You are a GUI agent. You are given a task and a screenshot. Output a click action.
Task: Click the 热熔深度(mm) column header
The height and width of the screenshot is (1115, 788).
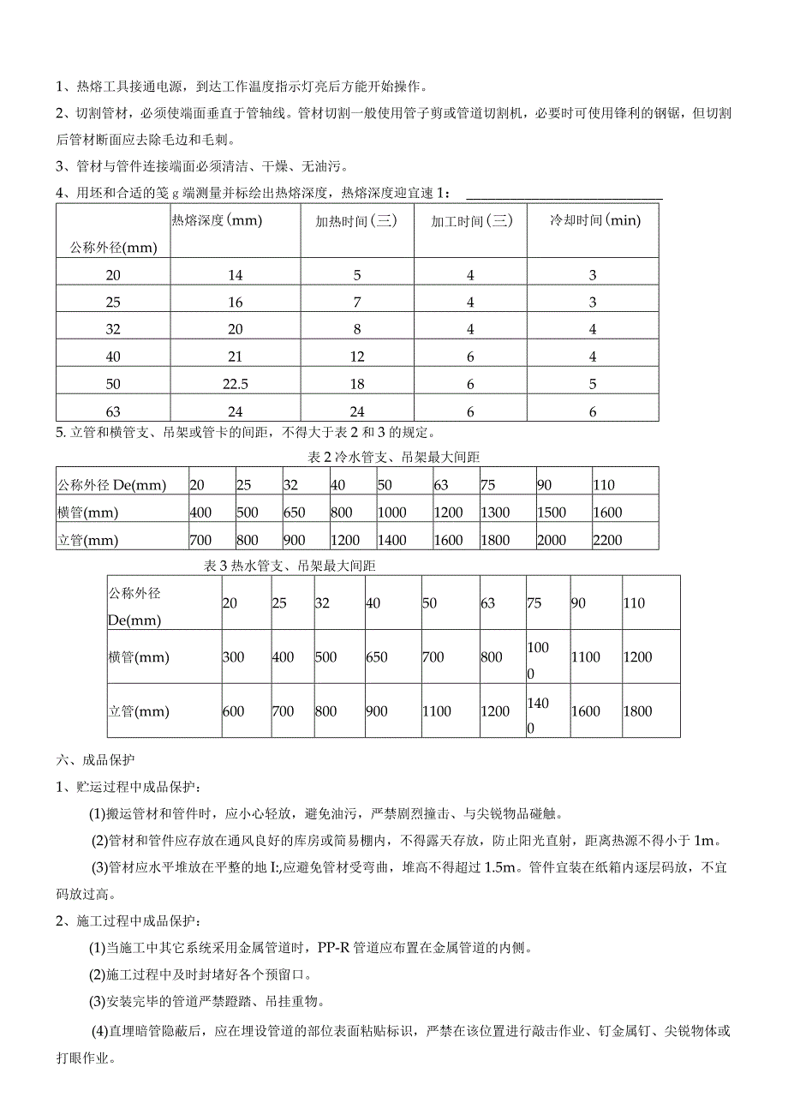click(x=217, y=220)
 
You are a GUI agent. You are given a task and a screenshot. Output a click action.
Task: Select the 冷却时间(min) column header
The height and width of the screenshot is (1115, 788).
click(x=594, y=220)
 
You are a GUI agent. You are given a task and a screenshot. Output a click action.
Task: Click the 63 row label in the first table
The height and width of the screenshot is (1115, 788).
click(x=113, y=412)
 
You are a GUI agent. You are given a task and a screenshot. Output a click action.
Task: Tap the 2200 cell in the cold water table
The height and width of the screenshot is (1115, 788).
click(x=607, y=540)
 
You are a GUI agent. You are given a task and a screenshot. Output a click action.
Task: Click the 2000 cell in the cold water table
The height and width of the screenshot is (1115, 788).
click(x=552, y=540)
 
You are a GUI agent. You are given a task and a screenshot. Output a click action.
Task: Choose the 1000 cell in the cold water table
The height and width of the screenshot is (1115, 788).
click(x=391, y=513)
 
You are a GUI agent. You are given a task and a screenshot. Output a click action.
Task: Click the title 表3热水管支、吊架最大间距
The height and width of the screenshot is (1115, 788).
click(x=291, y=566)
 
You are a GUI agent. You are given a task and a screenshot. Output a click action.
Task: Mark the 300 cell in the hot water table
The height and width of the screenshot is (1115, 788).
click(x=233, y=657)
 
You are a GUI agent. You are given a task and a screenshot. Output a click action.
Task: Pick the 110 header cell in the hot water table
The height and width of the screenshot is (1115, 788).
click(x=635, y=602)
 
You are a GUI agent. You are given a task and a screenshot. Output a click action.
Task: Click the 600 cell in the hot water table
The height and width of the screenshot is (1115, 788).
click(x=233, y=711)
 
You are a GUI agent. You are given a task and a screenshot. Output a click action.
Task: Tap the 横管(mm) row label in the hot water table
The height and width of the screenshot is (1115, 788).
click(x=139, y=657)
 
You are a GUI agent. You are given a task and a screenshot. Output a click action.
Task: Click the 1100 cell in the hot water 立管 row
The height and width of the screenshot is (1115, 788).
click(x=438, y=711)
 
